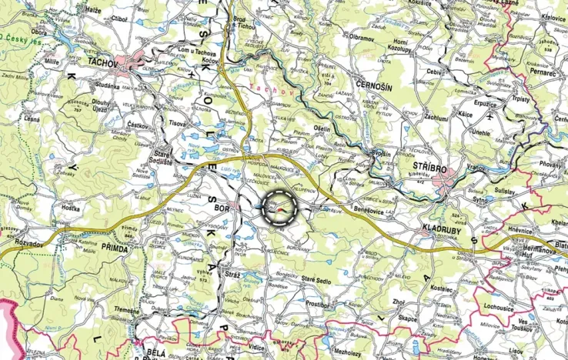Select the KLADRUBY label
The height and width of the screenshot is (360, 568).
(444, 228)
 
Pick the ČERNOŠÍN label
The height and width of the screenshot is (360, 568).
(375, 88)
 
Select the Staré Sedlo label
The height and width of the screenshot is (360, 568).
(316, 282)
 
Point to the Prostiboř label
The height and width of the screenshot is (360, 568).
(317, 303)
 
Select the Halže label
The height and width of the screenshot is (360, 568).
(92, 9)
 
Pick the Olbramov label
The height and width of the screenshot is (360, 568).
(364, 36)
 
